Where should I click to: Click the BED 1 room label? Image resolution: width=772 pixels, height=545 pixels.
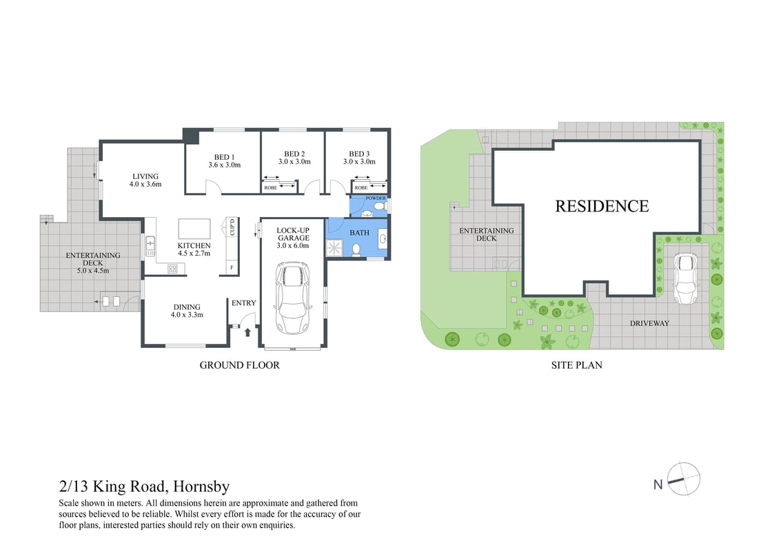click(225, 161)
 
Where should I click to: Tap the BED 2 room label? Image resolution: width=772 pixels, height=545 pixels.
click(294, 158)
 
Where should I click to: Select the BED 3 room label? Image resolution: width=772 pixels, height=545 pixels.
click(359, 158)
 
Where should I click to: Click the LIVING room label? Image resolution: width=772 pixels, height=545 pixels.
click(145, 181)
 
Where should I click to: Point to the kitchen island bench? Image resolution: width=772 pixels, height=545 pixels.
click(194, 229)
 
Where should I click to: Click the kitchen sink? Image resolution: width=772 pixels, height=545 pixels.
click(150, 246)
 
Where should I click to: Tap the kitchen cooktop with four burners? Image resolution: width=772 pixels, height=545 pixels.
click(172, 269)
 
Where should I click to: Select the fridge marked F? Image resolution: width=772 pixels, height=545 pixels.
click(232, 267)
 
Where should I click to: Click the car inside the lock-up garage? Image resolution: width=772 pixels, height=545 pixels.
click(294, 298)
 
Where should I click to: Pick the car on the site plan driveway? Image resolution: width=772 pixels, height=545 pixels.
click(686, 278)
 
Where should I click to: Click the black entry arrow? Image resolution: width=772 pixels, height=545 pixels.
click(247, 333)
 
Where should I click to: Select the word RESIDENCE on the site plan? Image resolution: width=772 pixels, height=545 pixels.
click(602, 206)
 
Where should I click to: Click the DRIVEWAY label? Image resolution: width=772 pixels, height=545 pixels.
click(649, 323)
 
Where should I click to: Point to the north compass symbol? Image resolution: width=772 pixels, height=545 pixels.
click(684, 479)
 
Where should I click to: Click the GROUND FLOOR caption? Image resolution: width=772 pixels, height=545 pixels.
click(239, 365)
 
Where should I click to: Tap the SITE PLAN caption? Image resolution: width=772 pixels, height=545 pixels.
click(576, 365)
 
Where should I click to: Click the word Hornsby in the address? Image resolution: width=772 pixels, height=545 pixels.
click(201, 487)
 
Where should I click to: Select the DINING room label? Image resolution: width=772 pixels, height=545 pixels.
click(187, 311)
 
